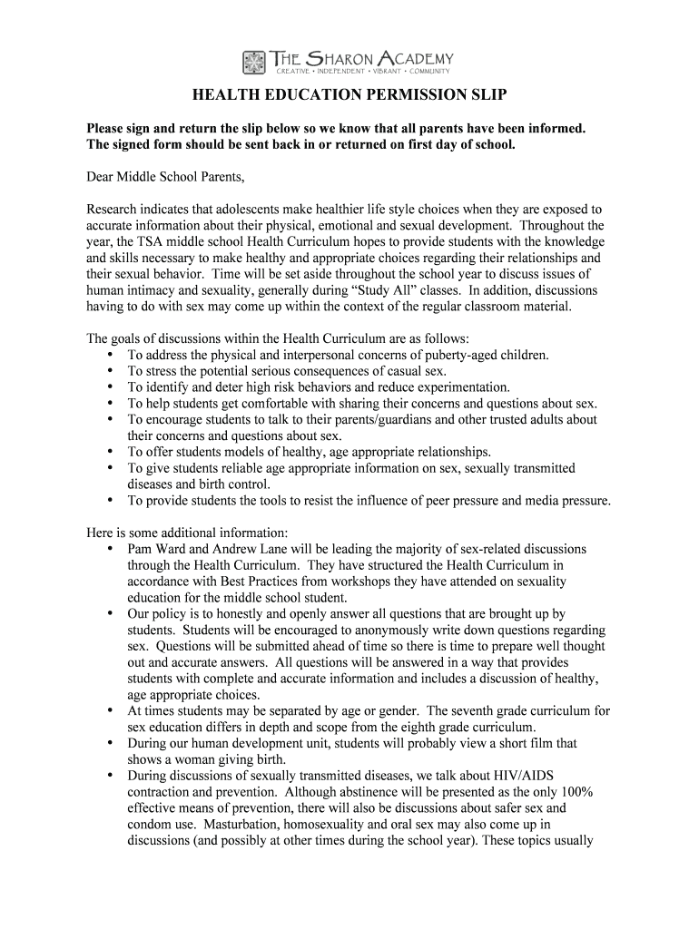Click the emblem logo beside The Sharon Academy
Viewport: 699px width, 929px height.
click(254, 62)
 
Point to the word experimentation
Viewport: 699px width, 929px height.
click(458, 387)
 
